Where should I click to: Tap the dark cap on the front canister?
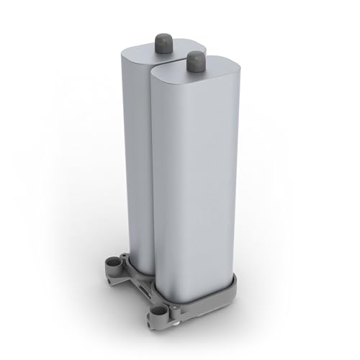point(194,62)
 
